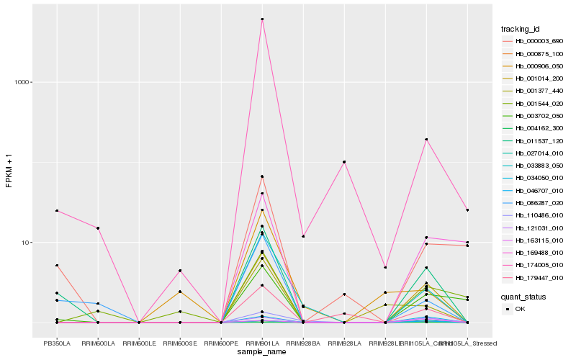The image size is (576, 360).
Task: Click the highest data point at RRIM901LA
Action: click(x=262, y=19)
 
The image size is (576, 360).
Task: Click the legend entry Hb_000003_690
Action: click(x=534, y=42)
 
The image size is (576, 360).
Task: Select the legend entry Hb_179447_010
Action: click(x=534, y=277)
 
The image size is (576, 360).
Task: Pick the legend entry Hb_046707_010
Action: click(x=534, y=190)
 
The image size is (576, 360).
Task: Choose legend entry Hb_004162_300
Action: click(x=534, y=128)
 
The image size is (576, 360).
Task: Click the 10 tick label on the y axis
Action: click(x=28, y=243)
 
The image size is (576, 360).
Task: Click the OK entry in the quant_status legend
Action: click(x=520, y=309)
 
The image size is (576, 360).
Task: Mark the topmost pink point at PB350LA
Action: click(x=57, y=211)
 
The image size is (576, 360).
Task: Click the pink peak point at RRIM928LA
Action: click(x=344, y=162)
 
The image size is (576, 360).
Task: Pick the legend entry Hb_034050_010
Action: click(x=534, y=178)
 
